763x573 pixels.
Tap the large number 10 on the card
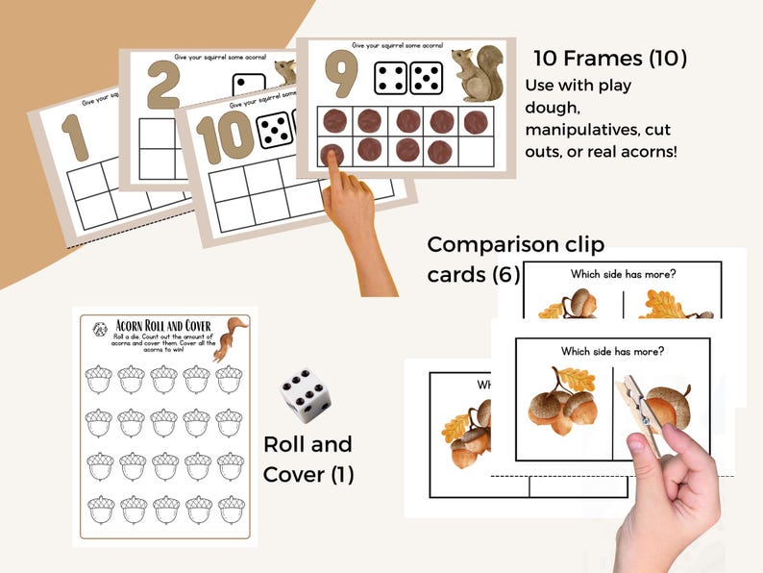(x=223, y=137)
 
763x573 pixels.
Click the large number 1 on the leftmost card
(x=75, y=137)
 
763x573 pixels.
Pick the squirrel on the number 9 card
(x=478, y=74)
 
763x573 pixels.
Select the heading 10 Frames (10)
(x=606, y=59)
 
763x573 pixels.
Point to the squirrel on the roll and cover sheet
(x=230, y=338)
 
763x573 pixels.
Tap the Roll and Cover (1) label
(x=308, y=459)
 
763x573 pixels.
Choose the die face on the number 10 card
(x=276, y=131)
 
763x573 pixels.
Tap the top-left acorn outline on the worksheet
(x=100, y=379)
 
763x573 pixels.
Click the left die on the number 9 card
(x=389, y=79)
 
